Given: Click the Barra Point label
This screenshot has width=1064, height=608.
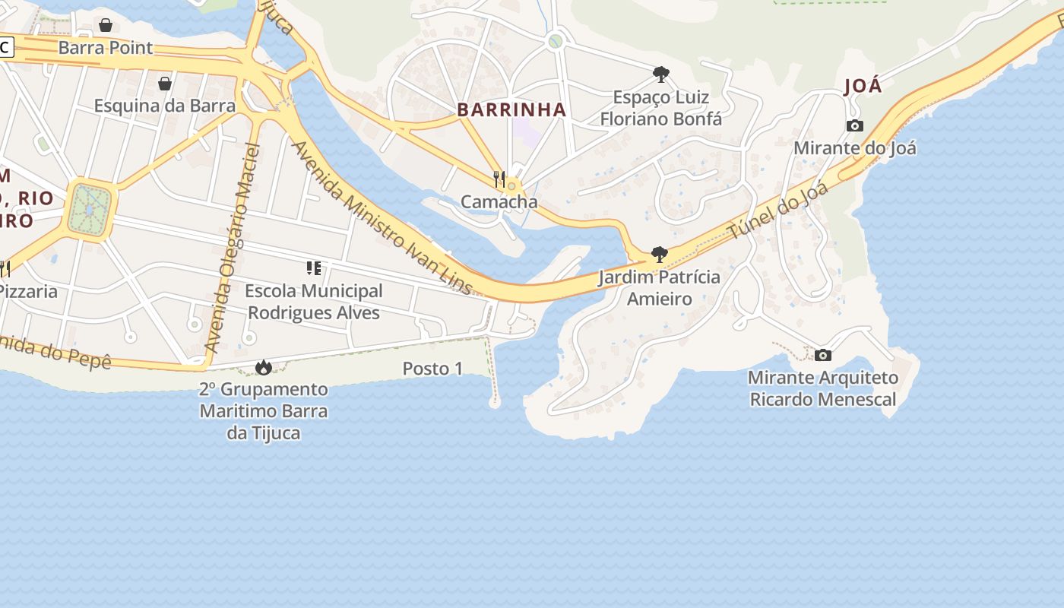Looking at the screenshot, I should coord(105,48).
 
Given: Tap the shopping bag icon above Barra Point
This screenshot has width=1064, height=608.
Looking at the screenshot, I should coord(106,25).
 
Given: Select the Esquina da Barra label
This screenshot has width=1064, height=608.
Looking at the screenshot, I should coord(164,106).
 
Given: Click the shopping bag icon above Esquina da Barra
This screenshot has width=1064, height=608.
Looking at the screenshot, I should coord(164,83).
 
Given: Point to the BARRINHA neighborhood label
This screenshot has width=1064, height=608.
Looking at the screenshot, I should coord(511,109).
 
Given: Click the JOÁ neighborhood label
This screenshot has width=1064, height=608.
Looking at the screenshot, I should coord(863,86).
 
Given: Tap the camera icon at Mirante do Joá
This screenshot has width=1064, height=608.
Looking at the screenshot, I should coord(854,125).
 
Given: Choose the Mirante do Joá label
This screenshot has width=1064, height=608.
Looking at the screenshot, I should coord(854,147).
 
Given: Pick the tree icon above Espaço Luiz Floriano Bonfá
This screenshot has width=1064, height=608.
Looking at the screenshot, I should coord(660,74).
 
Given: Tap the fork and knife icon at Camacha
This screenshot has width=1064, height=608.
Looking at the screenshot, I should coord(499,179).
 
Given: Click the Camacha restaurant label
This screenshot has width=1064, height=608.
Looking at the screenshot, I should coord(499,201).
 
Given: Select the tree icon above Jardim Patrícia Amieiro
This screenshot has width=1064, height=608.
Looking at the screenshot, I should coord(659,255).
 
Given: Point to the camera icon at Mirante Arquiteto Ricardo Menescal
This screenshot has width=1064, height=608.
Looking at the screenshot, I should coord(822,355).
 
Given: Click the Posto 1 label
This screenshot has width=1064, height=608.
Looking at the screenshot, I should coord(432,369).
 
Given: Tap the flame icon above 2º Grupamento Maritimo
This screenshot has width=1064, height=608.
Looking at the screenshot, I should coord(263,368).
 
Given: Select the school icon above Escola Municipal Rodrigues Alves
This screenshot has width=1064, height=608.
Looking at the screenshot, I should coord(313,268).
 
